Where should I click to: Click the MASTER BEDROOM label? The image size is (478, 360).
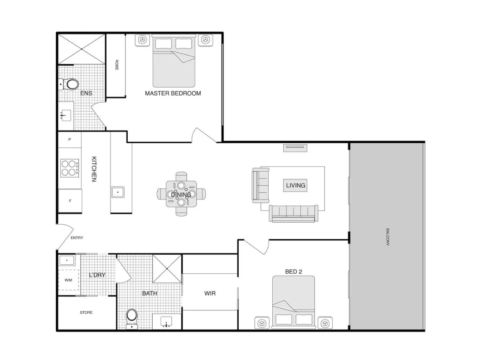point(173,93)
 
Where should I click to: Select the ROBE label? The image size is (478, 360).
point(116,65)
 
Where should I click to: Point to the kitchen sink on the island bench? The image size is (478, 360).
point(118,192)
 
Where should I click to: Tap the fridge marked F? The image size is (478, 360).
point(70,200)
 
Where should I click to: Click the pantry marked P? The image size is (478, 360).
point(69,140)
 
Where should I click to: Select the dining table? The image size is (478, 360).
point(181,194)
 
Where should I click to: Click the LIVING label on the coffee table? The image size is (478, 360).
point(295,185)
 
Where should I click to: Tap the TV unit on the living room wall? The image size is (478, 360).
point(295,147)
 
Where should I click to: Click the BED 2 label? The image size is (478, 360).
point(294,272)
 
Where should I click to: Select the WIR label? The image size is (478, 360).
point(210,293)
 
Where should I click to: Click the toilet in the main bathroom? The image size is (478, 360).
point(132,316)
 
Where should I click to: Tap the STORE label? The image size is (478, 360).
point(86,312)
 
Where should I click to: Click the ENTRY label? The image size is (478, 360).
point(77,238)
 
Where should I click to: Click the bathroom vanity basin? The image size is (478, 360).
point(167,322)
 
